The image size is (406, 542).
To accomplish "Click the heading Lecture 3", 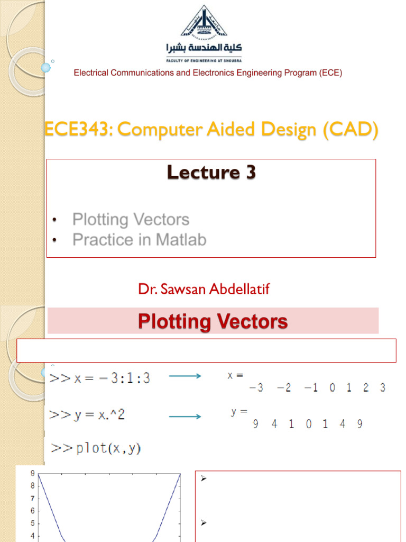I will click(211, 173).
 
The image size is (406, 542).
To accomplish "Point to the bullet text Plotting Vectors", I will click(131, 219).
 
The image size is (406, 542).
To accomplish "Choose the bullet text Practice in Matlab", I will click(140, 240).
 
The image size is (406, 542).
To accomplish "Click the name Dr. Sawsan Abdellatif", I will click(204, 290).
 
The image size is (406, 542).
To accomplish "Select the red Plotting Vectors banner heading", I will click(213, 321).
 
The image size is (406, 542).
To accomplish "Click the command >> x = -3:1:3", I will click(100, 378).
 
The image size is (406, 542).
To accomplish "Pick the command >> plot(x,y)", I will click(96, 449).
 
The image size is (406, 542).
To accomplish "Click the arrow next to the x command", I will click(184, 376).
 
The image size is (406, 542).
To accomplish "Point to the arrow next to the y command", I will click(184, 417).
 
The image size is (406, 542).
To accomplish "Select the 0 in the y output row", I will click(308, 424).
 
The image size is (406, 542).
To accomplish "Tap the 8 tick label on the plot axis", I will click(32, 485).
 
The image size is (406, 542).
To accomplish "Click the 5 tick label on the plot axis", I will click(32, 523).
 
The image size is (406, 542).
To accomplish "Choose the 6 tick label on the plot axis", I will click(32, 511).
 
